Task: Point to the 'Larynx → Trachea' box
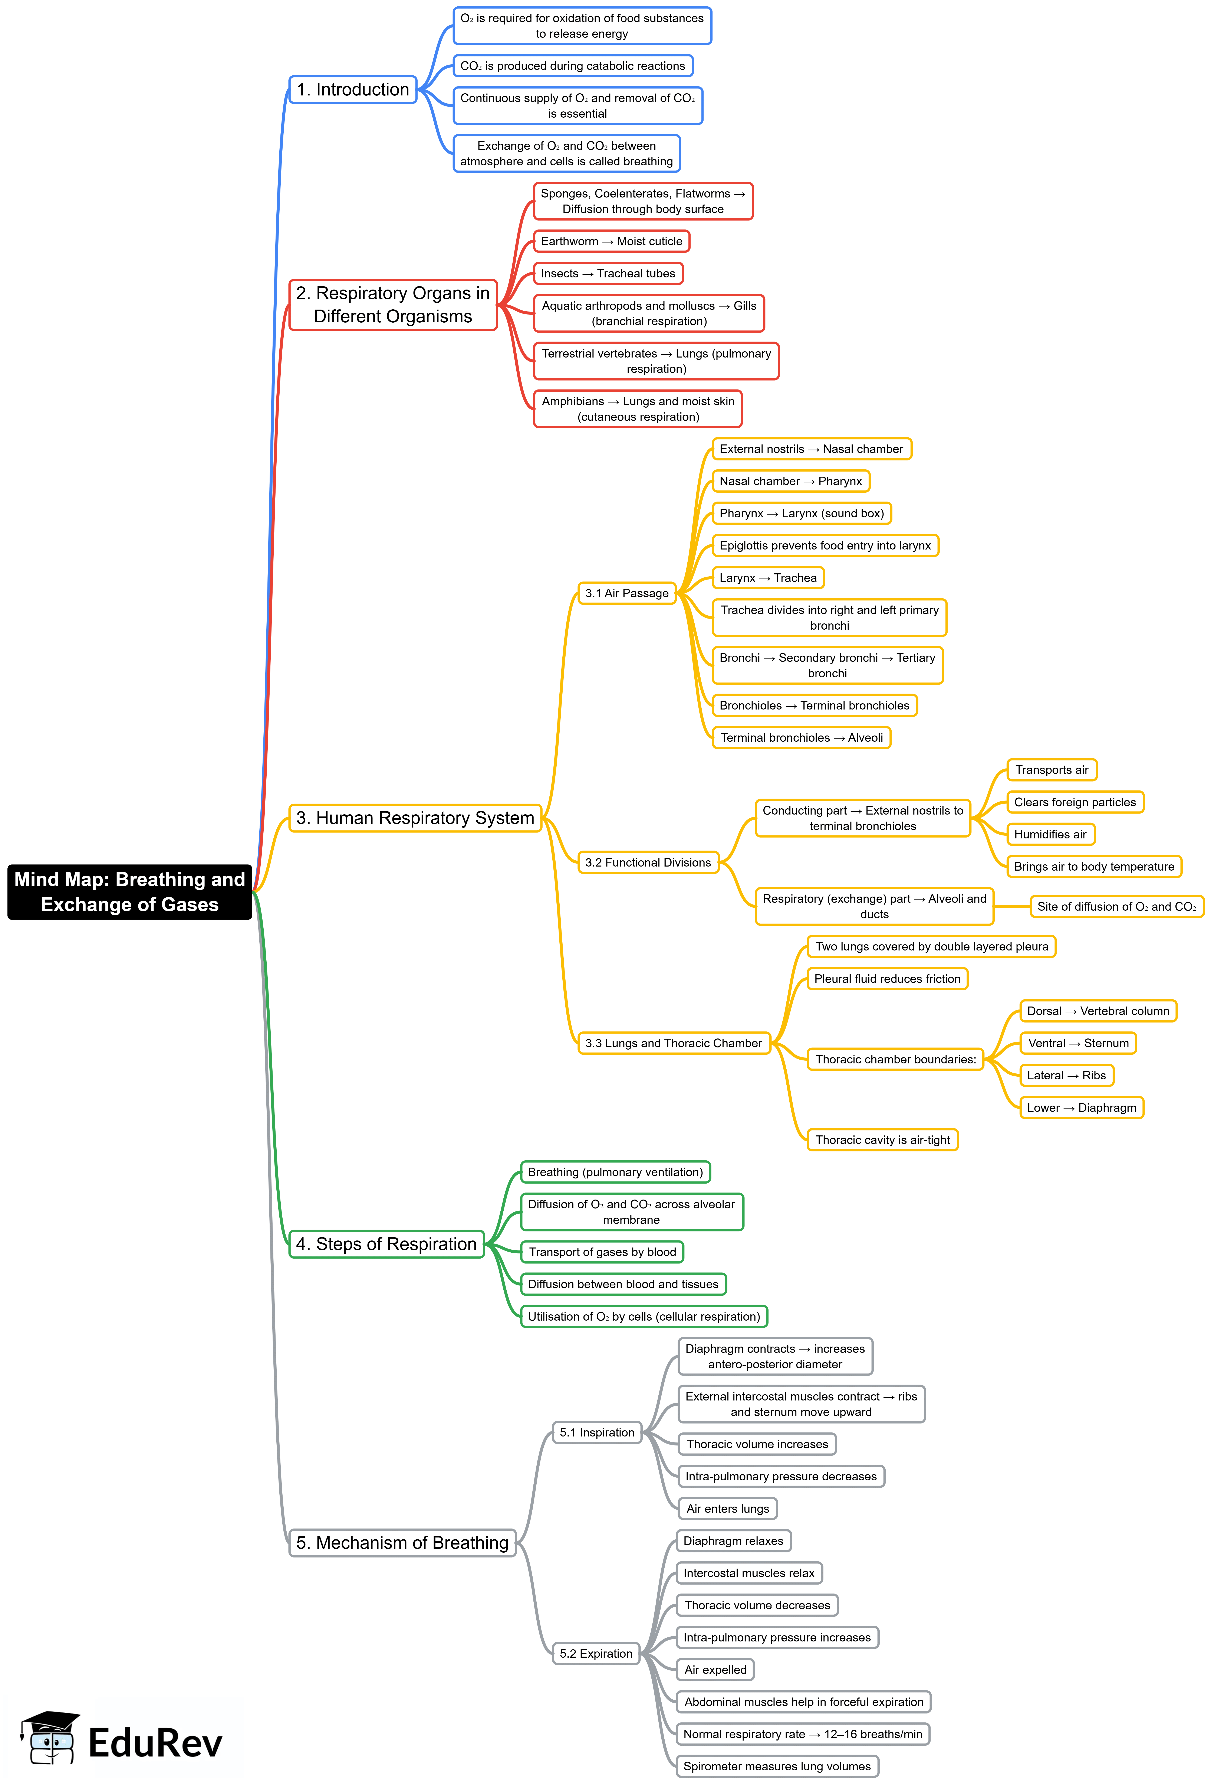[767, 578]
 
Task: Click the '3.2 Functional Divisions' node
[648, 863]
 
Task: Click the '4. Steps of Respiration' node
[386, 1244]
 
